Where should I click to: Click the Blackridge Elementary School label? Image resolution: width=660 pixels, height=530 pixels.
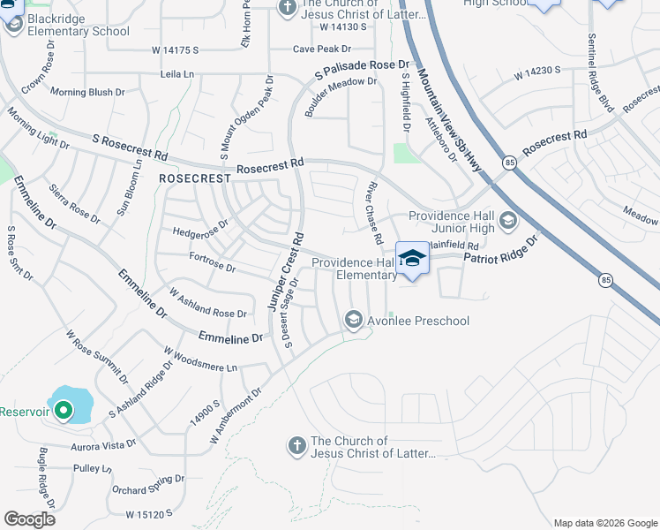point(78,25)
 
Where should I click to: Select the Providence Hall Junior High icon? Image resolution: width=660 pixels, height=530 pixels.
point(507,219)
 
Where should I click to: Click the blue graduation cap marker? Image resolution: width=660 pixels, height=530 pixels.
point(411,259)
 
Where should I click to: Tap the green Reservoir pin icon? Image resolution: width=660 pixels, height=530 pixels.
point(63,411)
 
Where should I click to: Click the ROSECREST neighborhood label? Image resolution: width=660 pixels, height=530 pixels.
point(194,178)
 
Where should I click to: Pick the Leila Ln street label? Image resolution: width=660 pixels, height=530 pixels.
point(176,74)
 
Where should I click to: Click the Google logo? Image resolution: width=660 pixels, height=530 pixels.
point(30,519)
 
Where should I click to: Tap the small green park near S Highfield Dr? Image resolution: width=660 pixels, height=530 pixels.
point(407,153)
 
